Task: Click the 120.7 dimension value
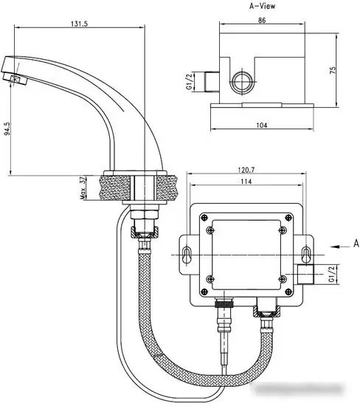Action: [x=246, y=169]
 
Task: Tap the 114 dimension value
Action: [x=246, y=182]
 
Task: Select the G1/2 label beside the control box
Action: [x=332, y=275]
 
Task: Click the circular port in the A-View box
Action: [x=240, y=79]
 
